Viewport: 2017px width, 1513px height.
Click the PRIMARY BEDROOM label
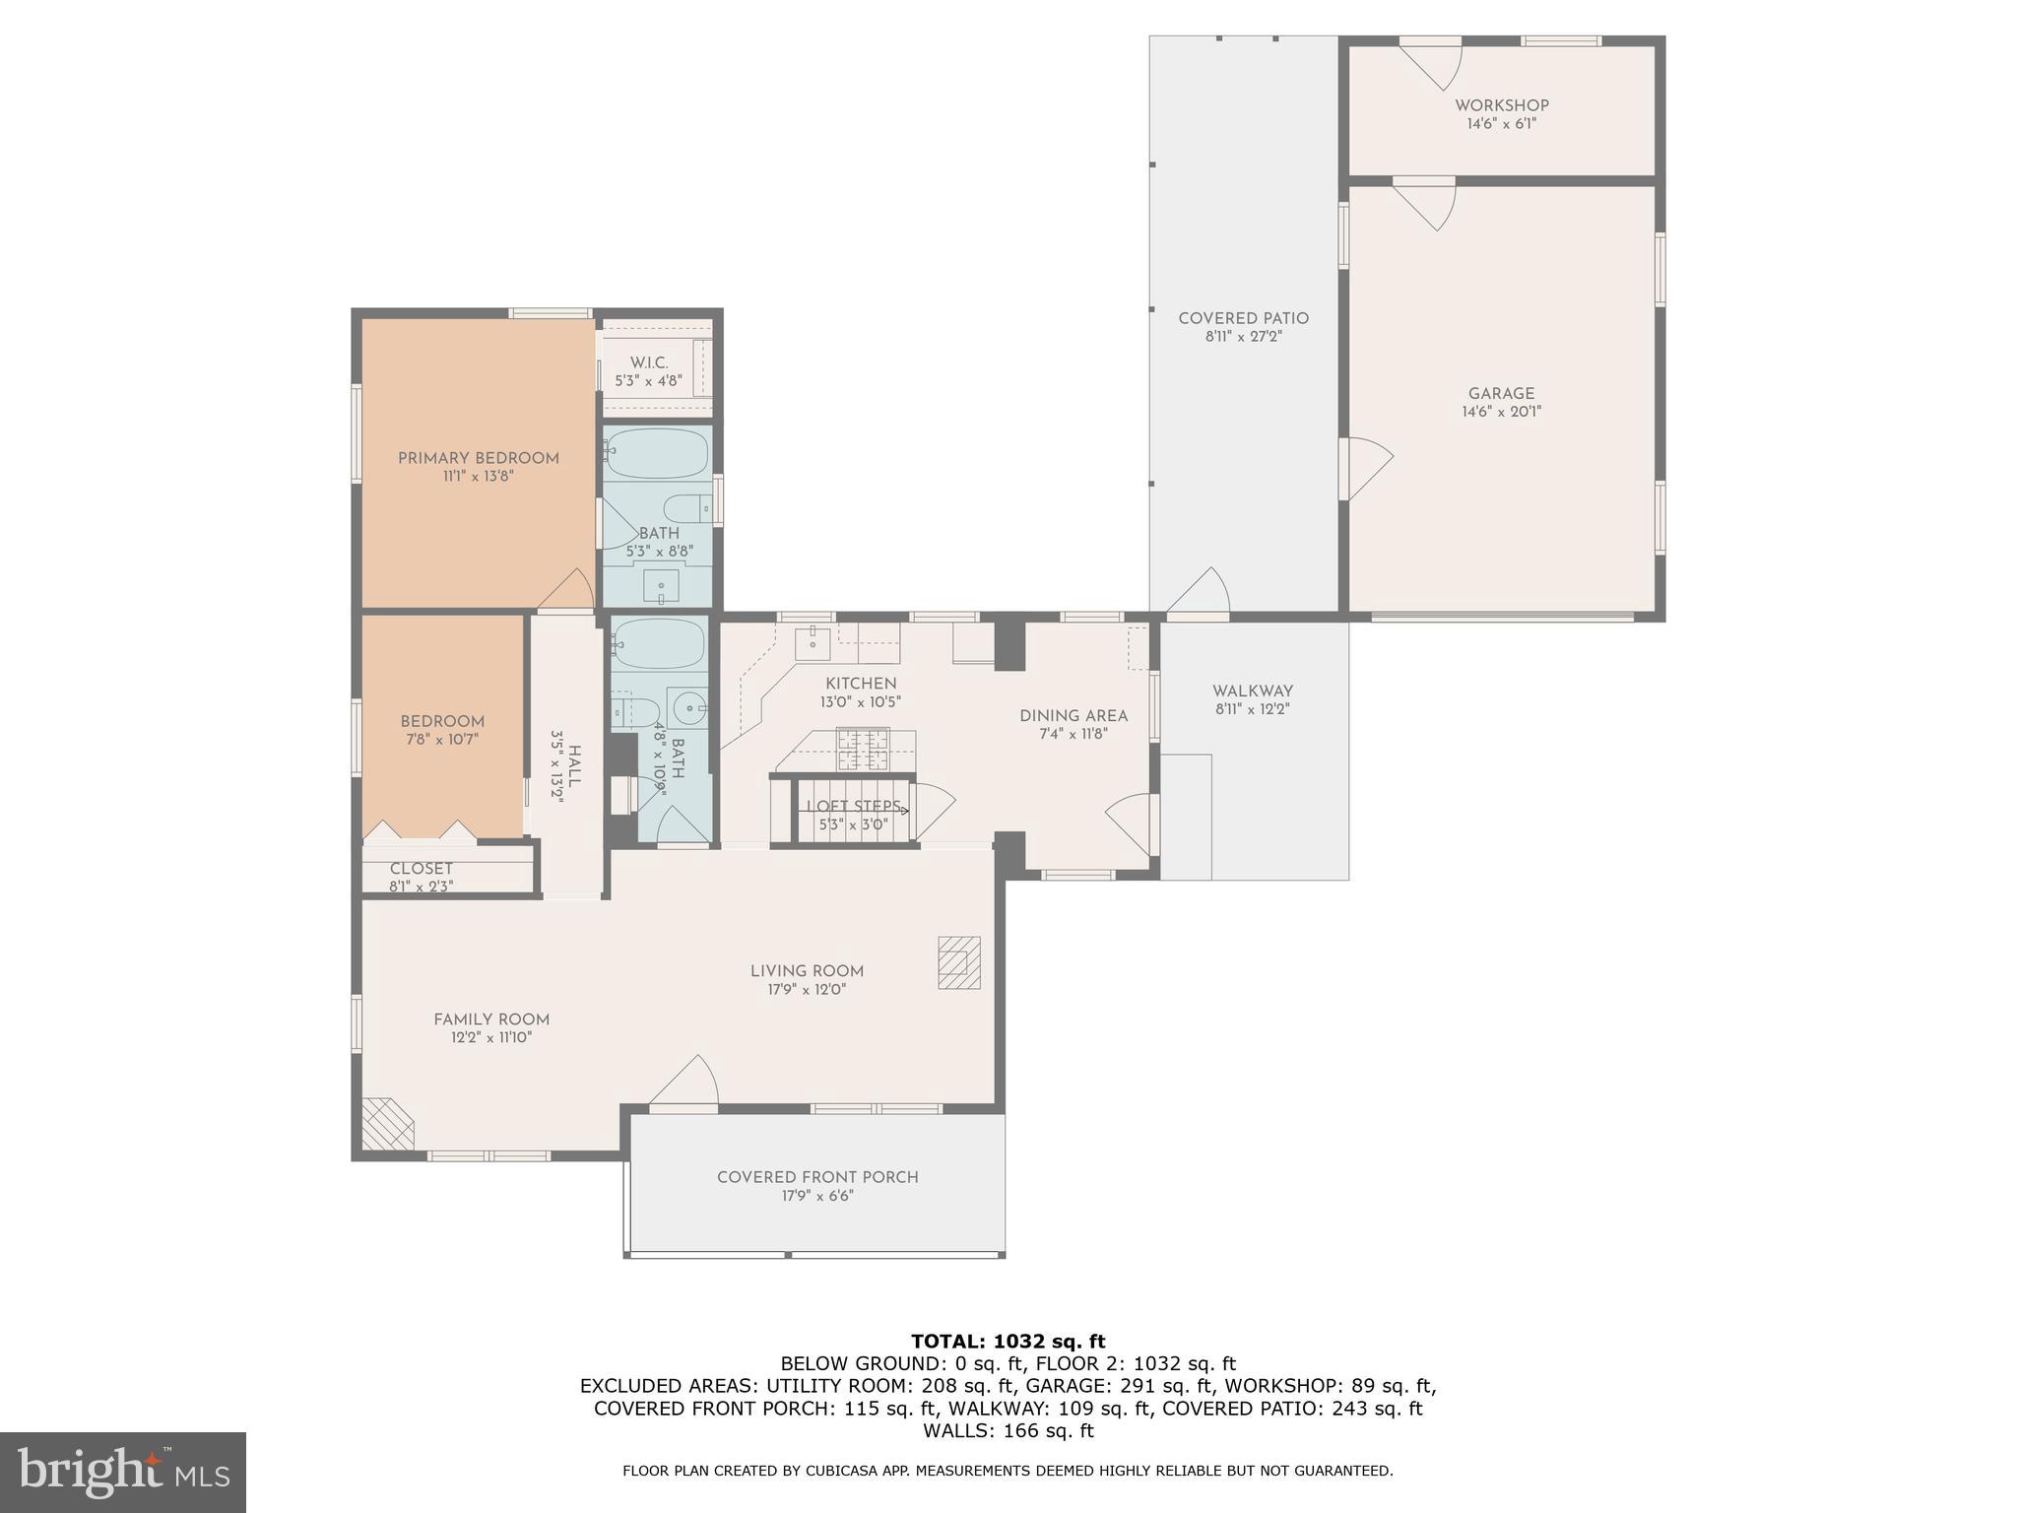click(x=478, y=458)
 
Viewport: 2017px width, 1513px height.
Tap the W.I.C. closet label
click(x=649, y=363)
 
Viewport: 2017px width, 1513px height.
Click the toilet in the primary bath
click(x=686, y=509)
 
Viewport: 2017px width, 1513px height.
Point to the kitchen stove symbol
click(x=863, y=749)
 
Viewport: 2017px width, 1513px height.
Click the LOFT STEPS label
click(x=853, y=806)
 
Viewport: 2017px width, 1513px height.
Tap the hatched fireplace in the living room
click(x=958, y=961)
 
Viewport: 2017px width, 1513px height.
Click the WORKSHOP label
click(x=1501, y=105)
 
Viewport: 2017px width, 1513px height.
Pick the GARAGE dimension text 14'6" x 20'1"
click(x=1501, y=412)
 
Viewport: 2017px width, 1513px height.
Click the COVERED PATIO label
click(x=1243, y=318)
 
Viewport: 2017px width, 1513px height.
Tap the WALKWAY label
click(x=1252, y=691)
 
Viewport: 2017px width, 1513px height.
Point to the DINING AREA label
click(x=1074, y=716)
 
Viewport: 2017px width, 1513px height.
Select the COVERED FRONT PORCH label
click(x=817, y=1177)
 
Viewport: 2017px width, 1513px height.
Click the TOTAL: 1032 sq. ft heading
click(x=1008, y=1341)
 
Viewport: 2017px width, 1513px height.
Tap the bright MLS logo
click(x=123, y=1473)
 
